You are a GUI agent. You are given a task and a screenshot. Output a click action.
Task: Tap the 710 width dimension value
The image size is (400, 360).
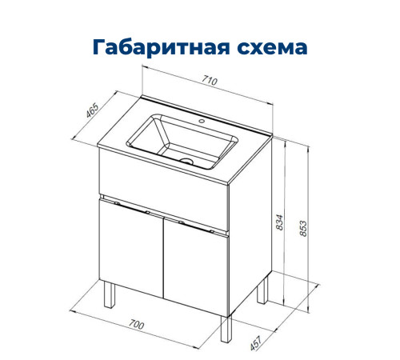[x=210, y=80]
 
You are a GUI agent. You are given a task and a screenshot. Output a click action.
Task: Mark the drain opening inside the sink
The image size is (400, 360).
[x=188, y=160]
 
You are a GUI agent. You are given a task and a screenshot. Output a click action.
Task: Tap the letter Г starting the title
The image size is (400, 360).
[x=100, y=47]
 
